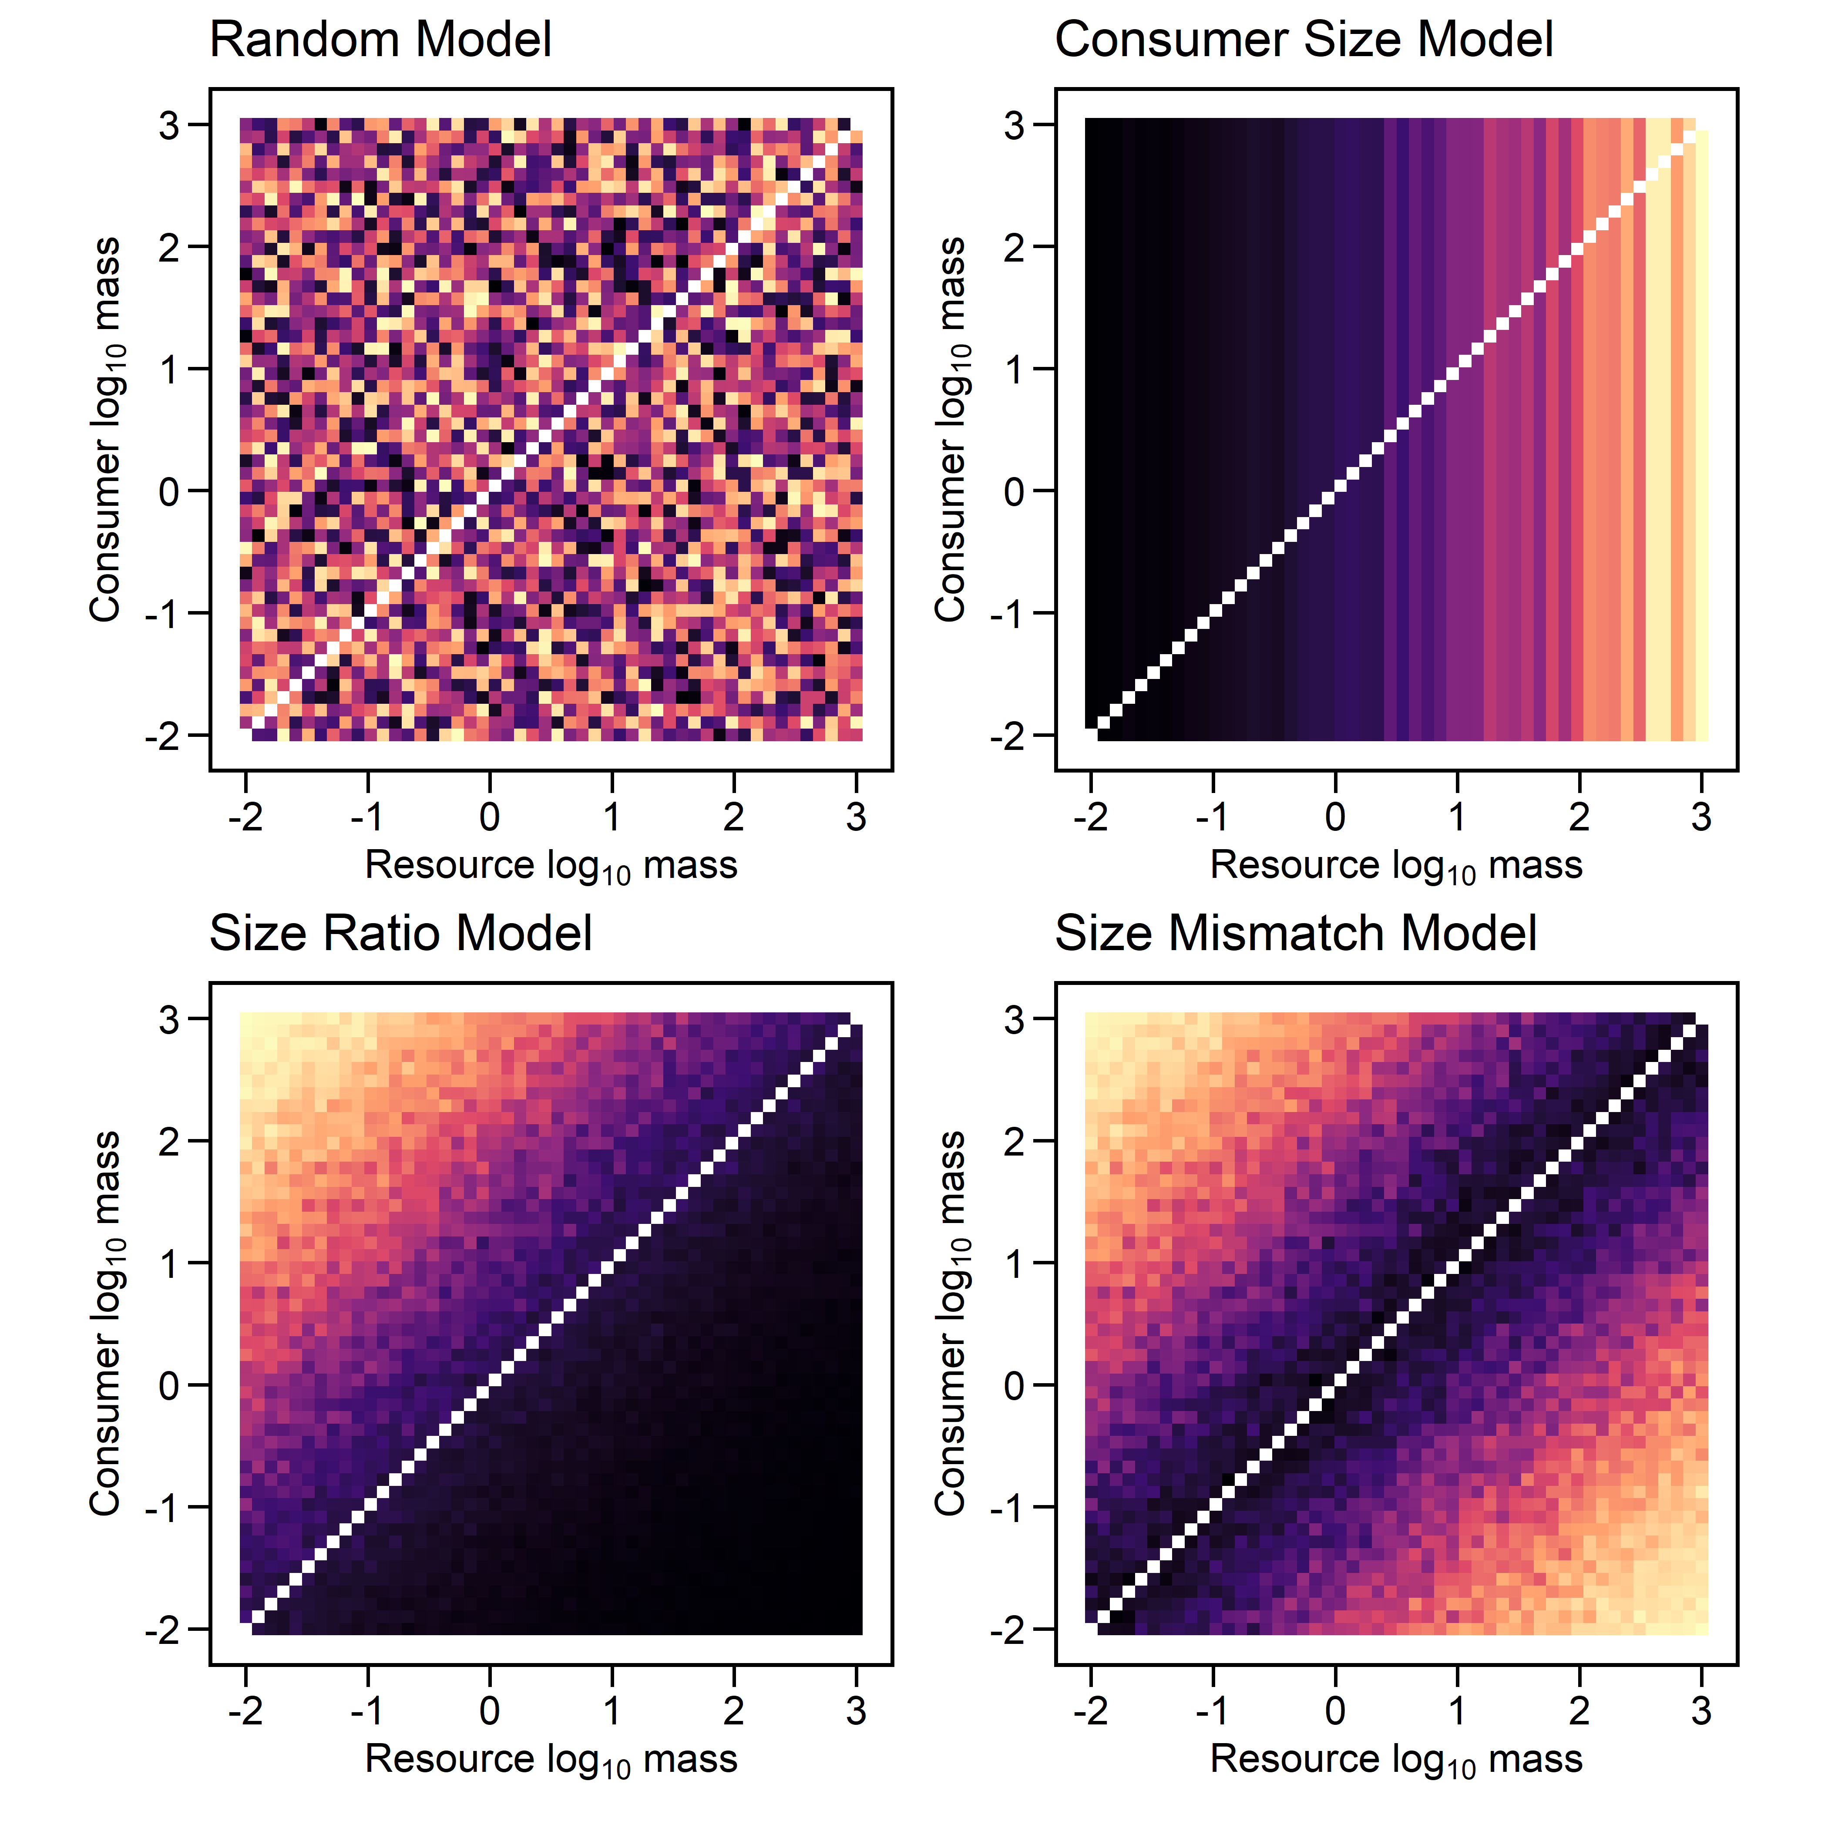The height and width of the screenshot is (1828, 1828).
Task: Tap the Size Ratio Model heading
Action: click(400, 934)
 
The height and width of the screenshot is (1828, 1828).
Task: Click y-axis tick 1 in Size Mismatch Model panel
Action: click(1014, 1263)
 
